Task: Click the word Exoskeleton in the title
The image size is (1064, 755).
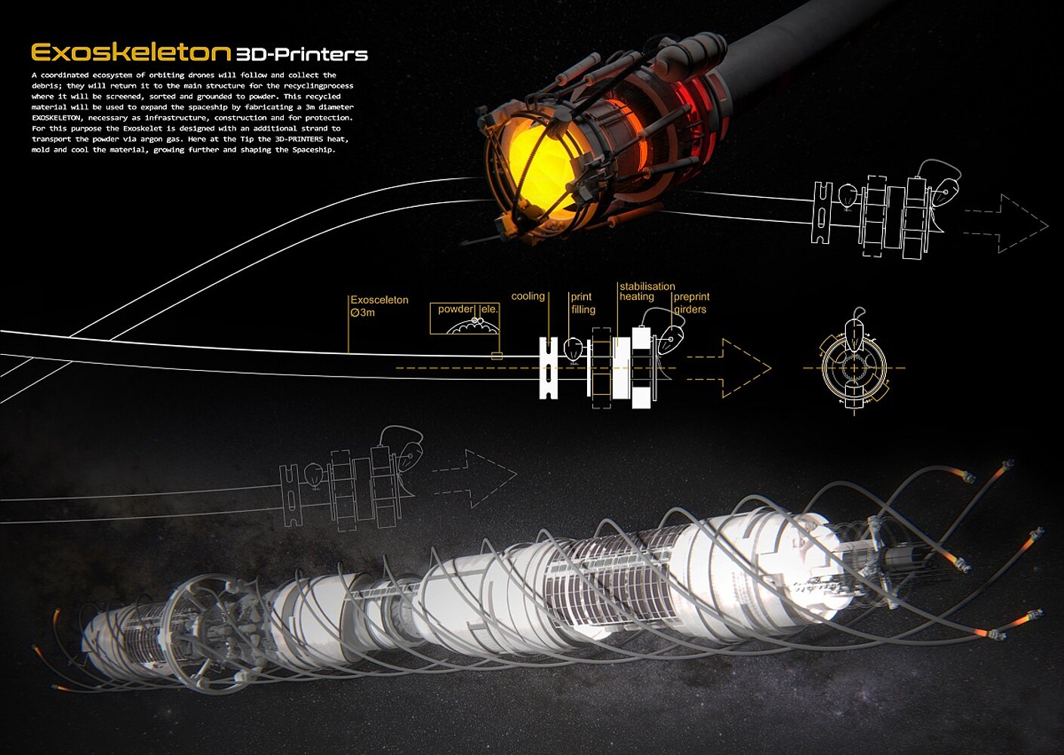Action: [x=131, y=53]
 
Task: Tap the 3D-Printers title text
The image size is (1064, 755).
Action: [x=302, y=54]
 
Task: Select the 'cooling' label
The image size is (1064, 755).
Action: [x=527, y=296]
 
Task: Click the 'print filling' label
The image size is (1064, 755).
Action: [x=583, y=304]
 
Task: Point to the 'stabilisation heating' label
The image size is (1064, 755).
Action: [x=647, y=291]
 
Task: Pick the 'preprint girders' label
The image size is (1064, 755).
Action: [x=691, y=304]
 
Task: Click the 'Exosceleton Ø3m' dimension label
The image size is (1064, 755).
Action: [x=379, y=306]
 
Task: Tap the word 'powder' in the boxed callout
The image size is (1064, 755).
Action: [x=456, y=310]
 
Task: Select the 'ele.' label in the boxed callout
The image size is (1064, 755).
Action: [x=489, y=310]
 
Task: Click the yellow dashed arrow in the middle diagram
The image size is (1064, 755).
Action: [x=729, y=368]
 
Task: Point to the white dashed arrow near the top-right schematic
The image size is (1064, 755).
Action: [x=1006, y=223]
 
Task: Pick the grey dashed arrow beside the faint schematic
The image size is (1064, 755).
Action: [x=474, y=479]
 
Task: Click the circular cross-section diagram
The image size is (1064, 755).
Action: [x=854, y=368]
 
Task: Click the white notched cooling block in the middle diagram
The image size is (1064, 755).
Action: [x=548, y=368]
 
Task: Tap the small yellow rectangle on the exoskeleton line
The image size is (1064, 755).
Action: [x=497, y=356]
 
